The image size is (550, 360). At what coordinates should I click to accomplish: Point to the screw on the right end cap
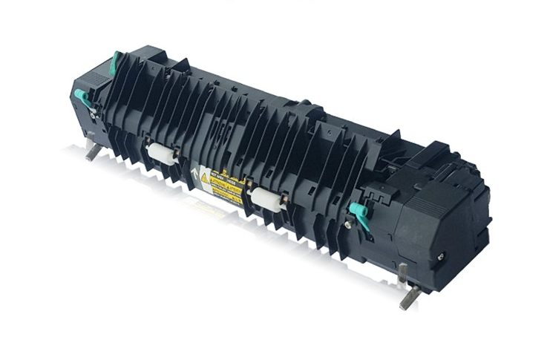[440, 256]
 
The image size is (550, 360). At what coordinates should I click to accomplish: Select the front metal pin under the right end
[410, 297]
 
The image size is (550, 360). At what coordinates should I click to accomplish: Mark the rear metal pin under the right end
[402, 272]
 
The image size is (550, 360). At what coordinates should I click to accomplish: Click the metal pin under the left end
[92, 151]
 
